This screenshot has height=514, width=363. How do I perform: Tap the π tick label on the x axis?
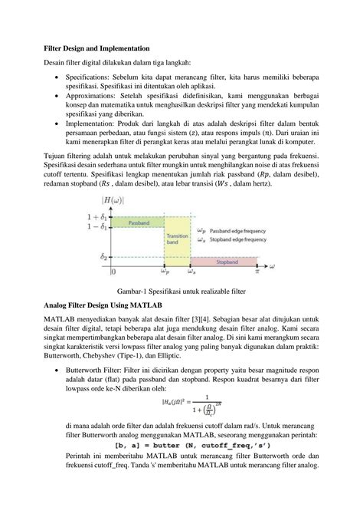pos(257,271)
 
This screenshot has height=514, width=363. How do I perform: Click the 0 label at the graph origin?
pos(114,271)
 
